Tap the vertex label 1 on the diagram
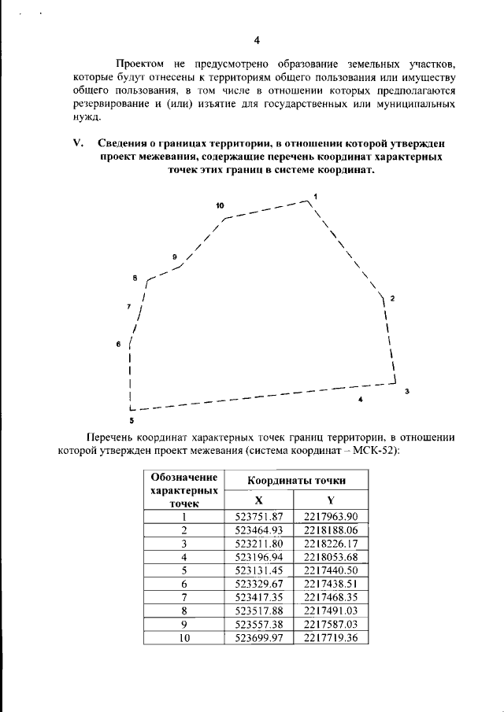pyautogui.click(x=315, y=195)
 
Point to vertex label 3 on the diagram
pyautogui.click(x=406, y=391)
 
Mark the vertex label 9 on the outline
pyautogui.click(x=174, y=256)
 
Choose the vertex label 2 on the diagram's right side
pyautogui.click(x=392, y=299)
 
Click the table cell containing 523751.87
pyautogui.click(x=258, y=516)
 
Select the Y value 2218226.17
pyautogui.click(x=331, y=543)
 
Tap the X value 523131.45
pyautogui.click(x=258, y=570)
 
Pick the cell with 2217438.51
pyautogui.click(x=331, y=584)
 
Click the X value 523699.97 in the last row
pyautogui.click(x=258, y=638)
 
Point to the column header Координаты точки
pyautogui.click(x=296, y=480)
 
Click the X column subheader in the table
pyautogui.click(x=258, y=500)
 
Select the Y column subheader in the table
pyautogui.click(x=331, y=500)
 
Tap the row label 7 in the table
pyautogui.click(x=183, y=597)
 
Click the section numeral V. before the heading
pyautogui.click(x=77, y=144)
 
